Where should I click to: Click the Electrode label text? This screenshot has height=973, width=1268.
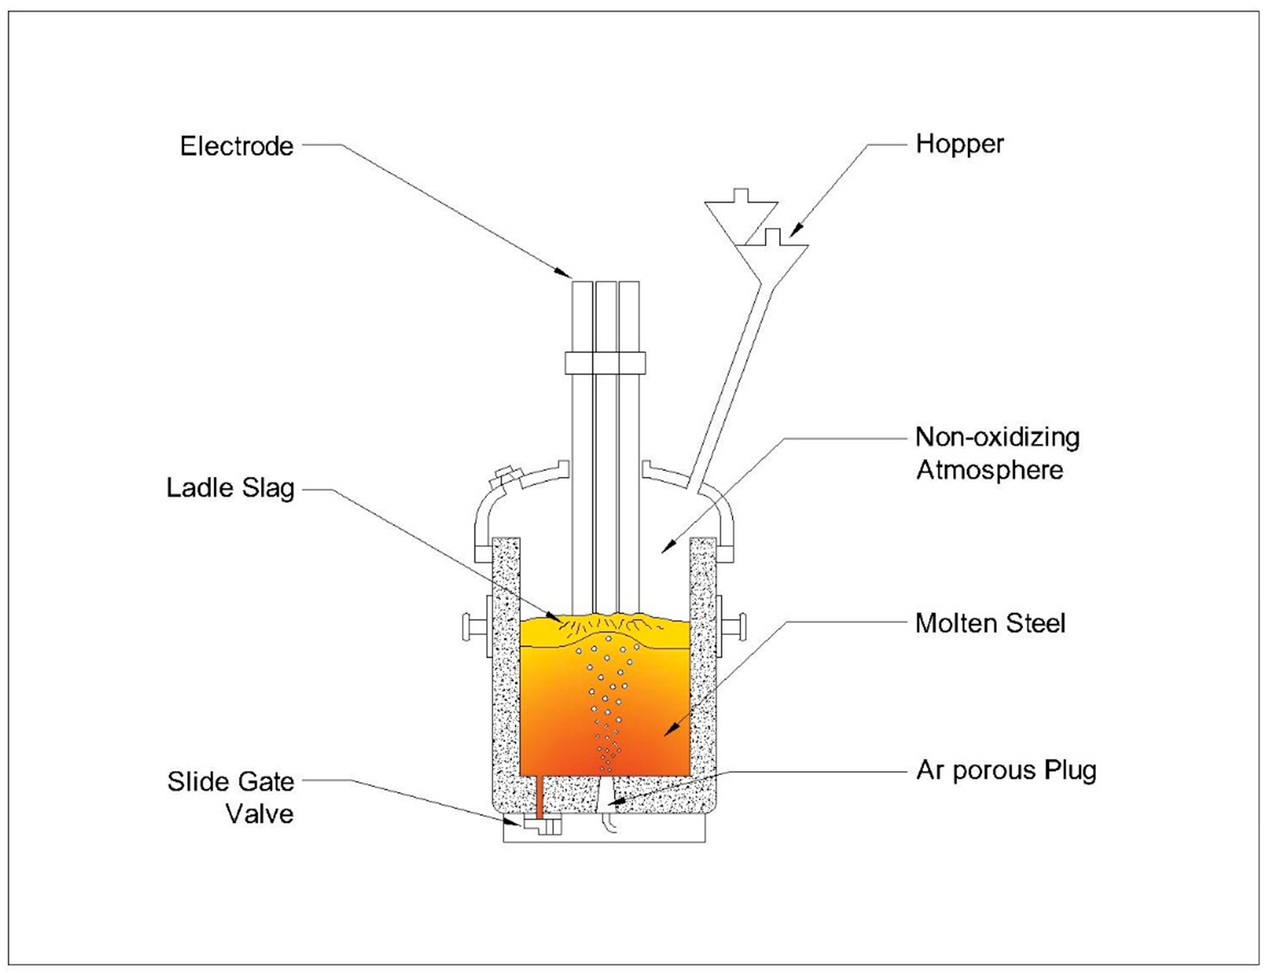[236, 146]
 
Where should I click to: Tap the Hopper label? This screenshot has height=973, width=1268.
[959, 144]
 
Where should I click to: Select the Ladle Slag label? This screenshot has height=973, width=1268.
[230, 488]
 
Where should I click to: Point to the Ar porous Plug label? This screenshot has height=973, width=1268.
[1006, 770]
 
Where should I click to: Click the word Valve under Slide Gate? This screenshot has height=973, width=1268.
[260, 814]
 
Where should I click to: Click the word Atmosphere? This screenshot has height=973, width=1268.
[989, 470]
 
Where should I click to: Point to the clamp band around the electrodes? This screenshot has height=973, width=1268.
[605, 363]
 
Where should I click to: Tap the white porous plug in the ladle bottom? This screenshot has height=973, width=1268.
[605, 795]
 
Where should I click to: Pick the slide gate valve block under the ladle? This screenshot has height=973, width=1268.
[545, 825]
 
